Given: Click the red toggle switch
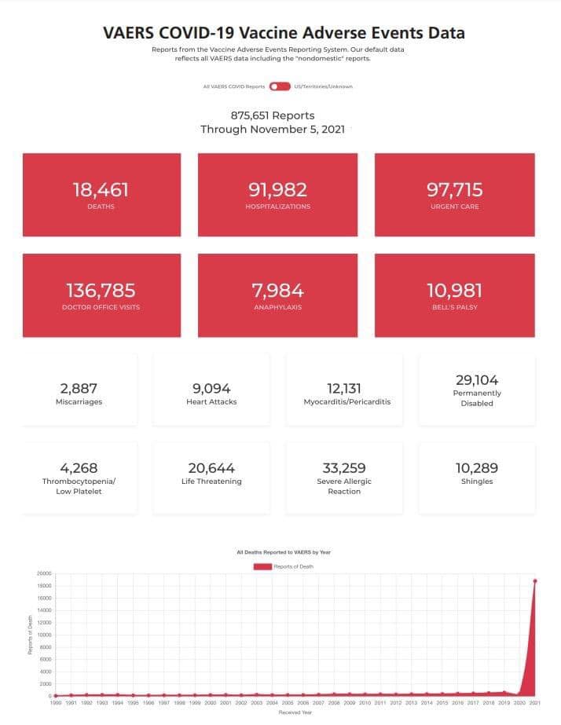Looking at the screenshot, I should tap(280, 86).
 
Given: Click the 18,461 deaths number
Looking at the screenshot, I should tap(101, 189).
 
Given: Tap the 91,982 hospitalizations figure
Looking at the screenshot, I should tap(277, 189).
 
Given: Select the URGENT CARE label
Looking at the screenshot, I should tap(454, 207).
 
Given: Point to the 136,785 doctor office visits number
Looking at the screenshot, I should tap(101, 291).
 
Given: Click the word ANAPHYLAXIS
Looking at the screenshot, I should tap(277, 307).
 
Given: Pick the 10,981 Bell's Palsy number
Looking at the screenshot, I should tap(454, 291).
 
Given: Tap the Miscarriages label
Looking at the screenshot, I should tap(79, 402).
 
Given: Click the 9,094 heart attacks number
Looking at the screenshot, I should tap(211, 388).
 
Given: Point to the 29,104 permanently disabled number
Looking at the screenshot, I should tap(477, 379).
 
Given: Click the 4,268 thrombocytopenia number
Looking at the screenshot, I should tap(79, 468).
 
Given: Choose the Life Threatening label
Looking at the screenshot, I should tap(211, 482).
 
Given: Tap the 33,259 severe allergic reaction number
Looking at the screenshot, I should tap(344, 468).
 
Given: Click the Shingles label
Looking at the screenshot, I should tap(477, 482).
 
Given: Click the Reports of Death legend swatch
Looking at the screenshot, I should tap(262, 566).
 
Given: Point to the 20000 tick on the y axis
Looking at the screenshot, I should tap(43, 573).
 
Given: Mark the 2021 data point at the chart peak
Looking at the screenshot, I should tap(534, 581).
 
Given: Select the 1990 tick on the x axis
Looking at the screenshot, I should tap(56, 704).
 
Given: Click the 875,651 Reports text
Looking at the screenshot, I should tap(273, 115).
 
